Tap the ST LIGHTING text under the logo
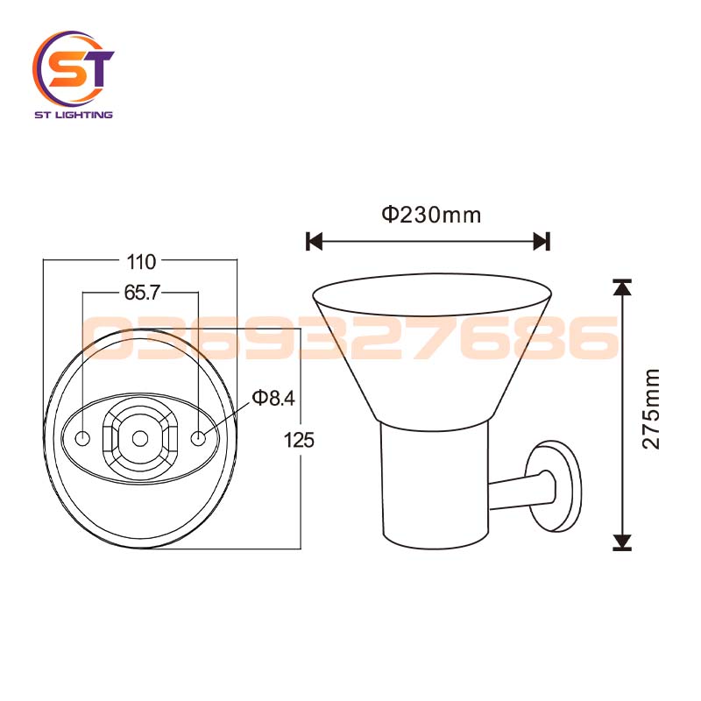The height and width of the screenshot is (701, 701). click(73, 115)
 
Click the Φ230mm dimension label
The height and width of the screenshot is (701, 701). click(430, 214)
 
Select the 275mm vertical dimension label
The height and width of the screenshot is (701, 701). click(651, 409)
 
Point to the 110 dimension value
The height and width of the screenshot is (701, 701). click(141, 261)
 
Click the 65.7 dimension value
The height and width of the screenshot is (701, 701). click(140, 294)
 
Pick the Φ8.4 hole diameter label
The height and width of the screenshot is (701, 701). click(273, 399)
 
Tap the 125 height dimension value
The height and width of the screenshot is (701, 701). click(299, 440)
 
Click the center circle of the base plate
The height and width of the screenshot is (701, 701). click(140, 438)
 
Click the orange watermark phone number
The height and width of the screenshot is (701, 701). click(350, 339)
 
